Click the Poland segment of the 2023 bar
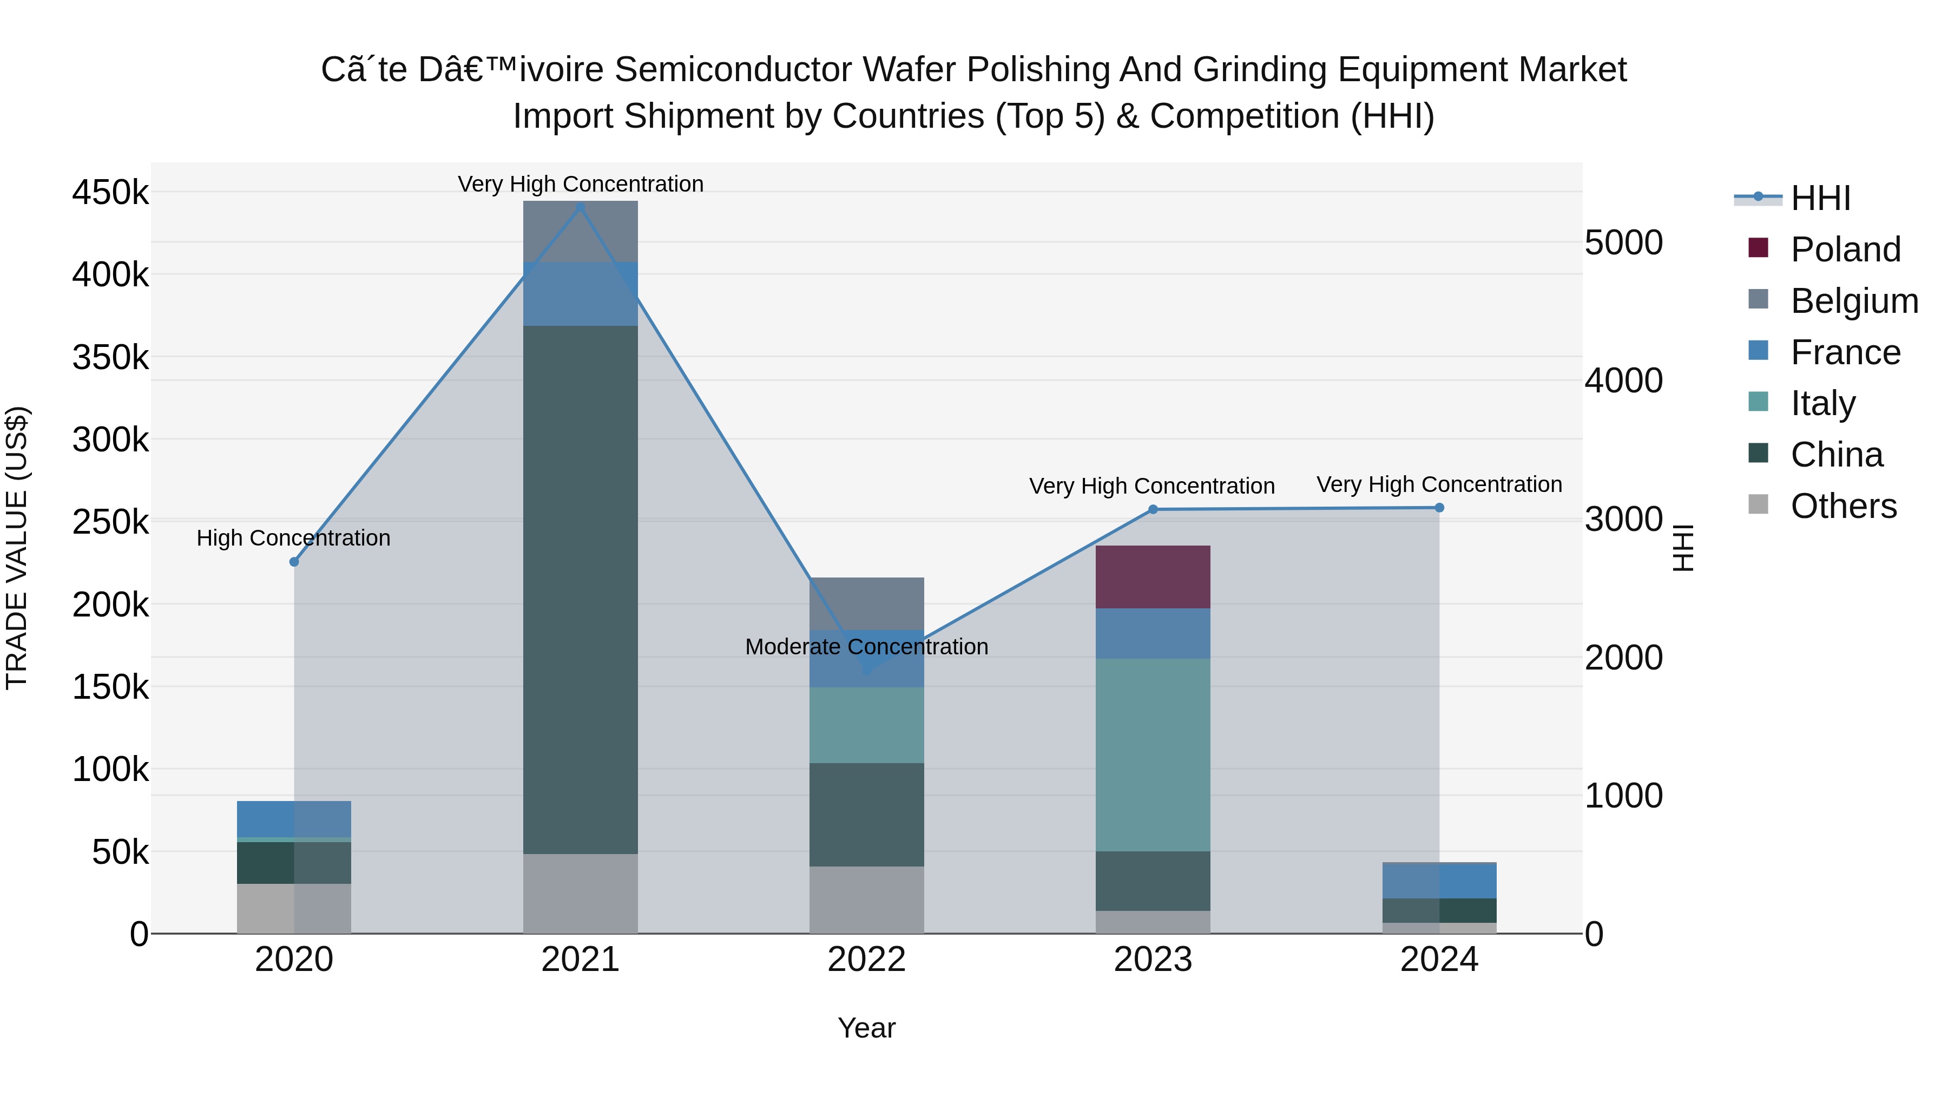click(1153, 576)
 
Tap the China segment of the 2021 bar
click(580, 589)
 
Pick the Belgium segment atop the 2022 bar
click(867, 603)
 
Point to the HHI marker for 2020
click(294, 562)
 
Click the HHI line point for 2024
click(1438, 508)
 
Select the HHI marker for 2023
click(1153, 510)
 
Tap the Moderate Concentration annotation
click(867, 647)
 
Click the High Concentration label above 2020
click(293, 538)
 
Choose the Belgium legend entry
click(1853, 301)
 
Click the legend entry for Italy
click(1822, 403)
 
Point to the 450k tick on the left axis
click(110, 193)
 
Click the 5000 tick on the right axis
click(1623, 243)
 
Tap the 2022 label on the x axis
click(867, 960)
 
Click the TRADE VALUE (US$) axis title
click(17, 548)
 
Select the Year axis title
click(867, 1028)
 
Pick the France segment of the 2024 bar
click(1438, 881)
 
